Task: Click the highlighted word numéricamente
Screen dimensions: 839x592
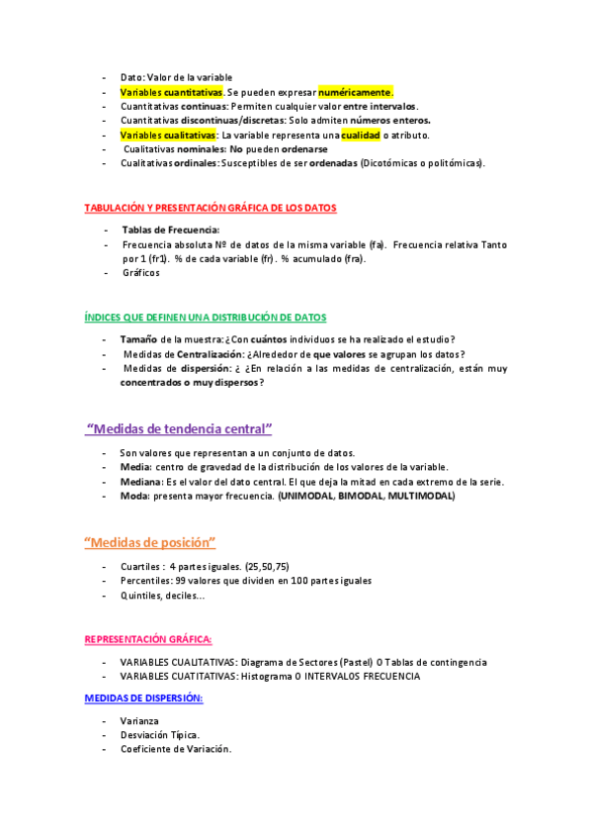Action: pos(355,92)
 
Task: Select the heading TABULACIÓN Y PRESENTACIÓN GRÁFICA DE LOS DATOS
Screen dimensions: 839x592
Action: pos(210,209)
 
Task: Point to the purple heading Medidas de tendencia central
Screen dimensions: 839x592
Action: pos(179,429)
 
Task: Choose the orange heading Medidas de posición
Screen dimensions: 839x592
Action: pos(149,543)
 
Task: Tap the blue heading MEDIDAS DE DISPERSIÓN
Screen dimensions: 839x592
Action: pos(143,699)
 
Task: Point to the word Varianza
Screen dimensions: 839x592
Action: pos(140,721)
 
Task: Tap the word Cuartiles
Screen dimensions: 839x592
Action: pos(140,567)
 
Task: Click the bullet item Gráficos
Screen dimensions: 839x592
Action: pos(141,272)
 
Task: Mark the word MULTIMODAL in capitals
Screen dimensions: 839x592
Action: pos(421,496)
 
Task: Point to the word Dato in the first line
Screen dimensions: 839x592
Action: pos(131,77)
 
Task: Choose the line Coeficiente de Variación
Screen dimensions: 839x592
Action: pos(176,749)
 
